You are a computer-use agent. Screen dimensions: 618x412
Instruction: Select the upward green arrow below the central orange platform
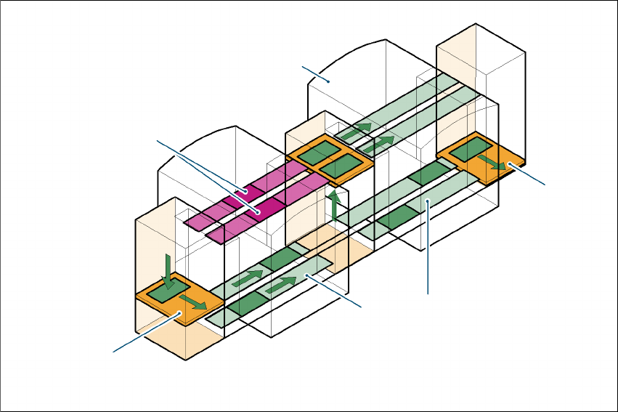point(334,206)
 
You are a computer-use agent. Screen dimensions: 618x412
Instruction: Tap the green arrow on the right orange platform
point(495,163)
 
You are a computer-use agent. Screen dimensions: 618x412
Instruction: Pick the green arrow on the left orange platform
point(192,302)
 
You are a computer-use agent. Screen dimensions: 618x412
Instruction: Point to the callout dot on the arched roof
point(328,81)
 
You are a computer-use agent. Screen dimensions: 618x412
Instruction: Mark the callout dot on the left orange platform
point(179,314)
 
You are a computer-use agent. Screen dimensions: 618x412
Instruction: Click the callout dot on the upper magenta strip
point(246,193)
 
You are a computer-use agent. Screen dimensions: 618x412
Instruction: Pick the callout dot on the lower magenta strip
point(258,211)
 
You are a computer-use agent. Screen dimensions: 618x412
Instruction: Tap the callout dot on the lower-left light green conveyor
point(307,275)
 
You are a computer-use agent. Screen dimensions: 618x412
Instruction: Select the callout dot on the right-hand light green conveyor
point(429,201)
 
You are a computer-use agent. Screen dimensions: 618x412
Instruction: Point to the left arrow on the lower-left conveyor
point(247,278)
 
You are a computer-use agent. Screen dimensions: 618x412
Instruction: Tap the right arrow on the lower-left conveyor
point(281,286)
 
